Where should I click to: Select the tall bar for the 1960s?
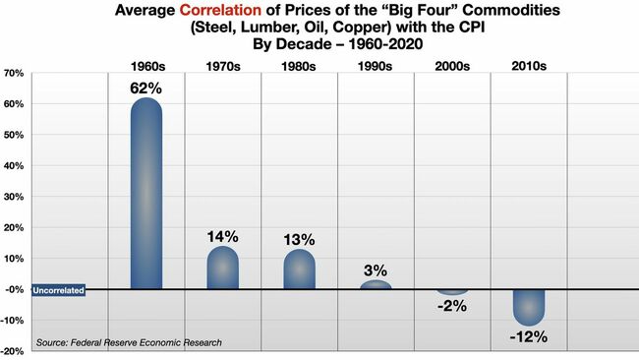[145, 193]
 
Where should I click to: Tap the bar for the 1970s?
[222, 268]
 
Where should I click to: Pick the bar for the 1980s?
[299, 270]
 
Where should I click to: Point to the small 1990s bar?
[376, 285]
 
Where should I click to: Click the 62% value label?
[145, 87]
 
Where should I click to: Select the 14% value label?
[222, 236]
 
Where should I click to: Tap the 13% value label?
[299, 239]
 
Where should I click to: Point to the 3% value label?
[376, 270]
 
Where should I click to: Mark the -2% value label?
[451, 306]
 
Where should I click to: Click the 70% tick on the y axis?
[14, 74]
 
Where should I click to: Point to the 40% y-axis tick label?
[14, 166]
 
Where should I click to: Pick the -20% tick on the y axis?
[14, 351]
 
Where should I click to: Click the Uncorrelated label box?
[58, 290]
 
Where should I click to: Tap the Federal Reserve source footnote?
[129, 342]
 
